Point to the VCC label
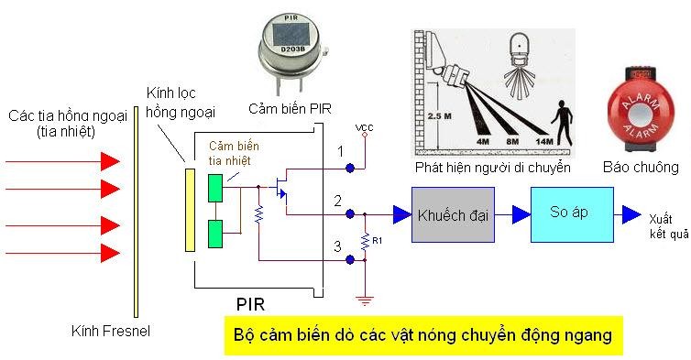pyautogui.click(x=364, y=126)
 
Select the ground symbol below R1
pyautogui.click(x=366, y=300)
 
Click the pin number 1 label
pyautogui.click(x=339, y=150)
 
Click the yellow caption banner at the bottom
pyautogui.click(x=422, y=336)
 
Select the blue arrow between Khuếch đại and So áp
pyautogui.click(x=519, y=213)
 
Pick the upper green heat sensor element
pyautogui.click(x=215, y=187)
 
